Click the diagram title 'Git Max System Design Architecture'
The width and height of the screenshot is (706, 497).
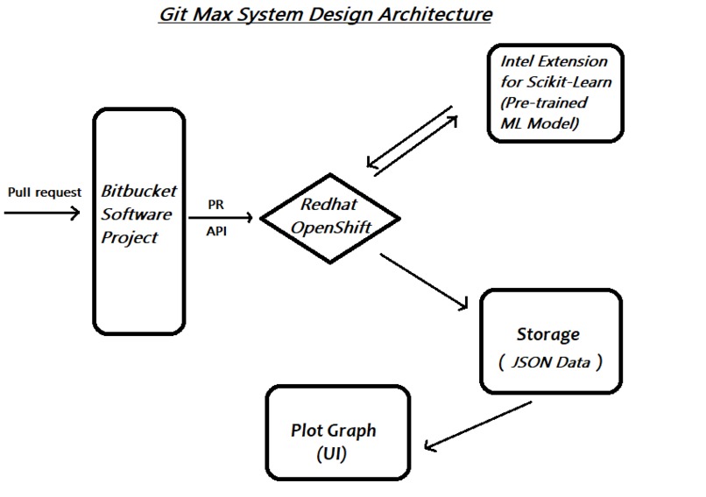[326, 15]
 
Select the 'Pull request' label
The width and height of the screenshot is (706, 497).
[44, 192]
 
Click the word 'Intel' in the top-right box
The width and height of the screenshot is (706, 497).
[519, 62]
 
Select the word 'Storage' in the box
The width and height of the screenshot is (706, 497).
[547, 334]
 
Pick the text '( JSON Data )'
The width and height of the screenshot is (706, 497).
[549, 360]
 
